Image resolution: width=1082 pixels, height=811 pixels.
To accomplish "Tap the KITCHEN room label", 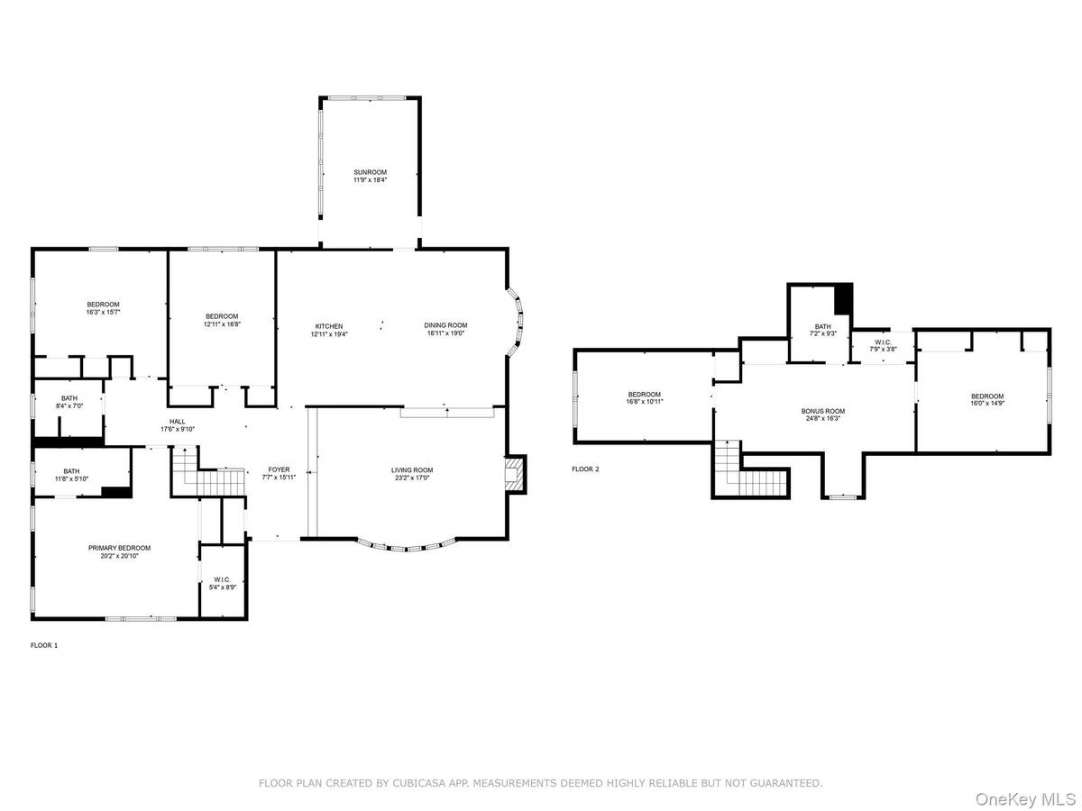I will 328,326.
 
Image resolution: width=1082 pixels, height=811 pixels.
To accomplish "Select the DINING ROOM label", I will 446,326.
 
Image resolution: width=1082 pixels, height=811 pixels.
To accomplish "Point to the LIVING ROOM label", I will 412,470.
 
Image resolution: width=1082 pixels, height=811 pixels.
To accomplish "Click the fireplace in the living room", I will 514,473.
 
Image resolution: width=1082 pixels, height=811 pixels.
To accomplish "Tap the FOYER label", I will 279,470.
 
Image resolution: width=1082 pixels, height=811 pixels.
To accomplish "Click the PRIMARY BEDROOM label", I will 119,548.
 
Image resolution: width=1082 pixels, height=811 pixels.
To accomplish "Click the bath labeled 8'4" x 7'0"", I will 69,402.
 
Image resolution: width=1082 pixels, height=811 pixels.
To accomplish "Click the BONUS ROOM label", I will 823,412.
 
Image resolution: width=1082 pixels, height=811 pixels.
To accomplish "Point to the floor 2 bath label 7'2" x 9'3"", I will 822,328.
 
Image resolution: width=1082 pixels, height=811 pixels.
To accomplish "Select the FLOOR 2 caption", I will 585,469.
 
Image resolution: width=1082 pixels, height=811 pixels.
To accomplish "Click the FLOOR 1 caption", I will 44,645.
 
